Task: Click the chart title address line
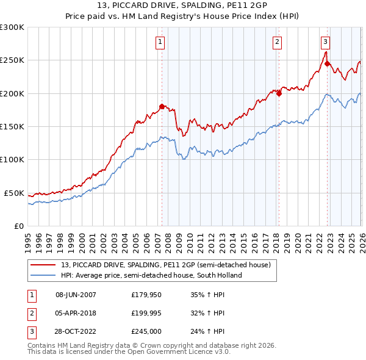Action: click(182, 5)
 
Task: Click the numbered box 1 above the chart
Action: click(160, 42)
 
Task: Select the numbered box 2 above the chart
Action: click(277, 42)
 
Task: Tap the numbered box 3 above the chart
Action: click(325, 42)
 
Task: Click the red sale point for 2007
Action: click(162, 106)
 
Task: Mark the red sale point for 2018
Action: click(279, 93)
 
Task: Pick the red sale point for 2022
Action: click(328, 63)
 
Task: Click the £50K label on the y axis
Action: click(14, 193)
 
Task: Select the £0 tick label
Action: click(18, 226)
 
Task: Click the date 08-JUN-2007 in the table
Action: click(76, 295)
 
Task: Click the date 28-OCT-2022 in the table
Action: click(76, 331)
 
